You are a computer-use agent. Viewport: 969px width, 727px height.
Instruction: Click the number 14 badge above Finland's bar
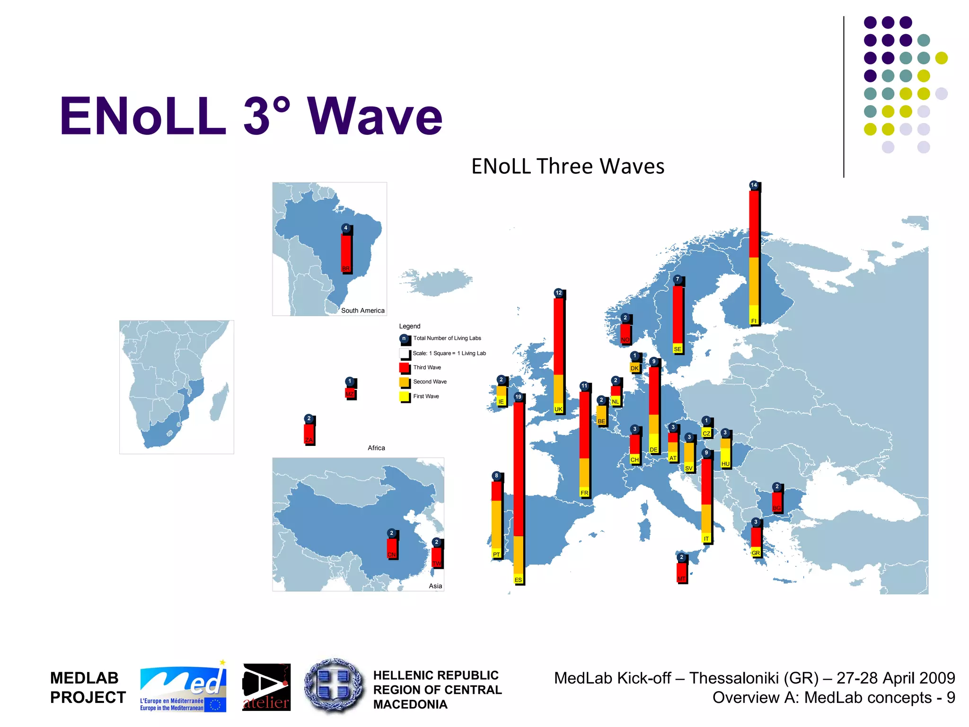(x=754, y=185)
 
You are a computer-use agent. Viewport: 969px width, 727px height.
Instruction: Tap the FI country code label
(x=754, y=321)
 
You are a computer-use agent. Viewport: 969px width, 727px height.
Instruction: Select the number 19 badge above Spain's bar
(x=519, y=397)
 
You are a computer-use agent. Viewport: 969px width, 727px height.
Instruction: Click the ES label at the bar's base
(x=519, y=580)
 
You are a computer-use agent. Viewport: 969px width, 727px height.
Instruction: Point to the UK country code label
(x=558, y=409)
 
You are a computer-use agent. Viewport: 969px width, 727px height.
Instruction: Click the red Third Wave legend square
(x=404, y=368)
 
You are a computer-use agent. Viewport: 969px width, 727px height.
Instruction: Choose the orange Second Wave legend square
(x=404, y=382)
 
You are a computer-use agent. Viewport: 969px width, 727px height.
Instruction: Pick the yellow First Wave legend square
(x=404, y=397)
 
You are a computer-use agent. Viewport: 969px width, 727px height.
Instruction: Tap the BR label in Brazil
(x=346, y=268)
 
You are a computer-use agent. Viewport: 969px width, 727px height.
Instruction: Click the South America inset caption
(x=362, y=310)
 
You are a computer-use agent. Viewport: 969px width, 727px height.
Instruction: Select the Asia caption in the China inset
(x=435, y=586)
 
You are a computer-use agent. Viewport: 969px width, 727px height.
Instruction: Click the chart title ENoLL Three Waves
(x=568, y=166)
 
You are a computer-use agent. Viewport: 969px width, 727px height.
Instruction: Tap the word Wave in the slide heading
(x=375, y=116)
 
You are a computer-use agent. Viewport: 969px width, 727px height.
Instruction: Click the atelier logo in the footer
(x=266, y=687)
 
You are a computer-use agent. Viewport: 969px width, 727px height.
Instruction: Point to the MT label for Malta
(x=681, y=579)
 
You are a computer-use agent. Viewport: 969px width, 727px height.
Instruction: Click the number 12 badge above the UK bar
(x=559, y=293)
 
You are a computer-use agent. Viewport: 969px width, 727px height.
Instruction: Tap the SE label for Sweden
(x=678, y=349)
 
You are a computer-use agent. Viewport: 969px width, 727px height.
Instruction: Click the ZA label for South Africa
(x=309, y=440)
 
